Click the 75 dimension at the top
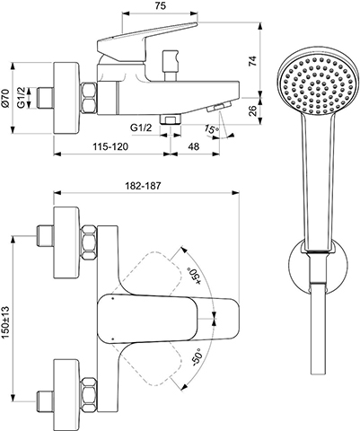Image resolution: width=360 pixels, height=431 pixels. tap(161, 5)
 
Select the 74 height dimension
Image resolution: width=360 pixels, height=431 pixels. tap(253, 61)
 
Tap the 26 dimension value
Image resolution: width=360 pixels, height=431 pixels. tap(253, 110)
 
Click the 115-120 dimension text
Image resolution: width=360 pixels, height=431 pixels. tap(110, 146)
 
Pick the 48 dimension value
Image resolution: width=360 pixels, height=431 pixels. tap(194, 146)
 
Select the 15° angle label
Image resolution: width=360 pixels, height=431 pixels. tap(212, 129)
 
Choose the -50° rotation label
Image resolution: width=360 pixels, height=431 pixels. tap(196, 356)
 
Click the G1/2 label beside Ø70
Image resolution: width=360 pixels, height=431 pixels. tap(21, 98)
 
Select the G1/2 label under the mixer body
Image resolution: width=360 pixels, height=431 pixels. tap(141, 128)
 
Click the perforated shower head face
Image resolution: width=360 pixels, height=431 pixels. tap(317, 80)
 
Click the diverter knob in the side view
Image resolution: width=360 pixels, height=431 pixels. tap(170, 66)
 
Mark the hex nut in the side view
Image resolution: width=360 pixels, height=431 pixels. tap(89, 98)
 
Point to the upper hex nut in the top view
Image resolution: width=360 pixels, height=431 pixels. tap(89, 242)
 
